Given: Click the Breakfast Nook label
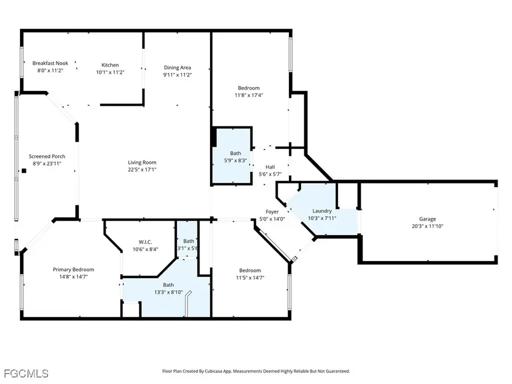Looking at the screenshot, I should (50, 64).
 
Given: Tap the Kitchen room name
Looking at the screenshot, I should (110, 65).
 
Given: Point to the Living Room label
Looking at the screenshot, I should (142, 162).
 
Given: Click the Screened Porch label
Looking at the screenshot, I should (47, 156).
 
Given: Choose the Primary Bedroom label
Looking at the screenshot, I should (73, 270).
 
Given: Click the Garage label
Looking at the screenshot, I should (428, 219).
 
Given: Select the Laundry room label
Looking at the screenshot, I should (322, 211).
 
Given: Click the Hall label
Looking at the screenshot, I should (270, 167).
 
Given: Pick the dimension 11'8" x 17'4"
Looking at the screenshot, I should (249, 95).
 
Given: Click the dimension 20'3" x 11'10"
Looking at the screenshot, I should (428, 226).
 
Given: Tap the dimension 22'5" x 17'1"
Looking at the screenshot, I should (142, 170).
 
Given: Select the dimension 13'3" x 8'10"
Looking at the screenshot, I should (169, 292).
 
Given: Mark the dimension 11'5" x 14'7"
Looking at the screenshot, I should (250, 278).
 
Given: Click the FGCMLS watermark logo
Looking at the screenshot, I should (26, 373).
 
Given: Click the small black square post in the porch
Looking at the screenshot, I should (24, 170).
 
